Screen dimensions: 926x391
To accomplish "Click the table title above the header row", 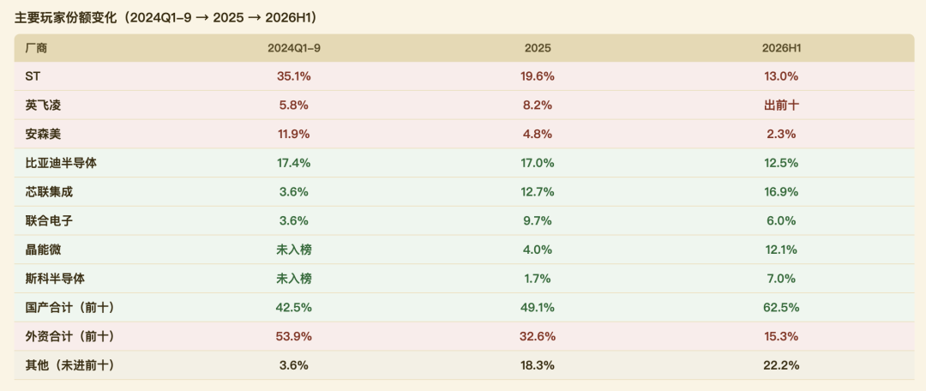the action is point(166,18).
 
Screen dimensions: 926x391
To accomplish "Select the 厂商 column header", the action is point(36,48).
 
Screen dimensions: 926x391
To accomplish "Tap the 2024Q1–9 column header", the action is point(294,48).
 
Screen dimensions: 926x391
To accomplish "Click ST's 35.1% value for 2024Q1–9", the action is point(294,76).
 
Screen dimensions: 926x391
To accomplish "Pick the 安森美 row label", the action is point(43,134).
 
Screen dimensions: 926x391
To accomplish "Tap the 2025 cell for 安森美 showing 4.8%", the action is point(538,134).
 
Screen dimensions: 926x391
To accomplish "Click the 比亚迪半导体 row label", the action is point(61,163).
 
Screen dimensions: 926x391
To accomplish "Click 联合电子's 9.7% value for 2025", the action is point(538,221).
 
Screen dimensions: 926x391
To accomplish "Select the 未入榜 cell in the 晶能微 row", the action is point(294,250).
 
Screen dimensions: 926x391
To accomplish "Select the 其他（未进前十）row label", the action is point(69,365).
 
